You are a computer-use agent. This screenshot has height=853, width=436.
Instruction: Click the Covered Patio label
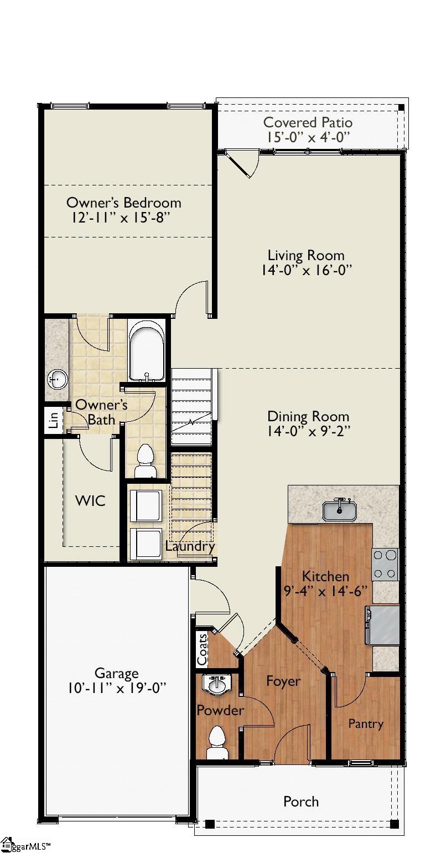tap(307, 122)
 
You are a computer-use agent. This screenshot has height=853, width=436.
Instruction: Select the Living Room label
tap(306, 255)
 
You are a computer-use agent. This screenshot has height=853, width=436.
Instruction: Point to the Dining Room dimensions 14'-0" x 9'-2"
tap(308, 431)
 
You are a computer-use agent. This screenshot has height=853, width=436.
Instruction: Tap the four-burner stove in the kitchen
tap(385, 564)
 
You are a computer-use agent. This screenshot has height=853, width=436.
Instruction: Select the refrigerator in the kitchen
tap(383, 625)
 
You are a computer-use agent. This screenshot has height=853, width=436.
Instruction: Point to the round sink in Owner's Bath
tap(58, 379)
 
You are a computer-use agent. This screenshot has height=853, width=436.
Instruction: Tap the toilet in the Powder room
tap(216, 742)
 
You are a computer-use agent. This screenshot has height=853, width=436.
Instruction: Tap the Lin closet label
tap(54, 421)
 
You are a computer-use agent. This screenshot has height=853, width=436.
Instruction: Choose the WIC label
tap(90, 501)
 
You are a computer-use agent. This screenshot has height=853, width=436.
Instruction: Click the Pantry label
tap(365, 723)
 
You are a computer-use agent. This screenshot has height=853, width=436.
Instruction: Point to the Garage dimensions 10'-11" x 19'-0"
tap(116, 688)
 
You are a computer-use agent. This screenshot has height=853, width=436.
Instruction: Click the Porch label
tap(301, 802)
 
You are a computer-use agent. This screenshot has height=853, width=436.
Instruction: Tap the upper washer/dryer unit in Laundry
tap(147, 505)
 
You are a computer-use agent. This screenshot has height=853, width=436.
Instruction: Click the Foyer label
tap(283, 681)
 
